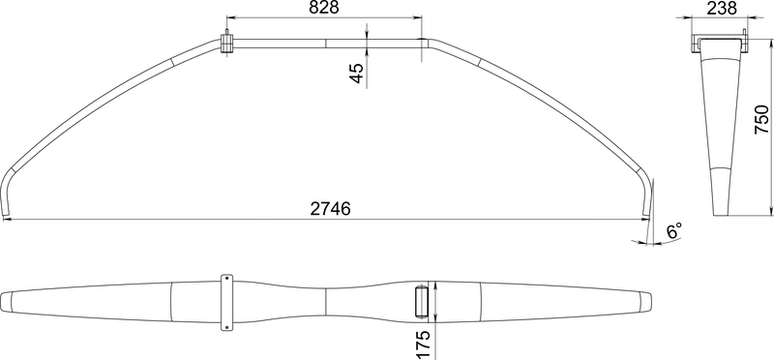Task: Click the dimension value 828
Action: click(324, 9)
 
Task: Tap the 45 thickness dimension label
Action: click(356, 74)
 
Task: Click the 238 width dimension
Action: click(721, 9)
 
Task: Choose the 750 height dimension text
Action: click(761, 120)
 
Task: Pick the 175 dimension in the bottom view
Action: click(424, 342)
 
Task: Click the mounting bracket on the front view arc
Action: click(227, 45)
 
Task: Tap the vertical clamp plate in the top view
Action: click(227, 301)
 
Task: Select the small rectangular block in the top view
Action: click(422, 301)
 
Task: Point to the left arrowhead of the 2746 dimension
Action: click(7, 220)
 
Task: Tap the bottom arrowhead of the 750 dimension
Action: click(771, 215)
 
